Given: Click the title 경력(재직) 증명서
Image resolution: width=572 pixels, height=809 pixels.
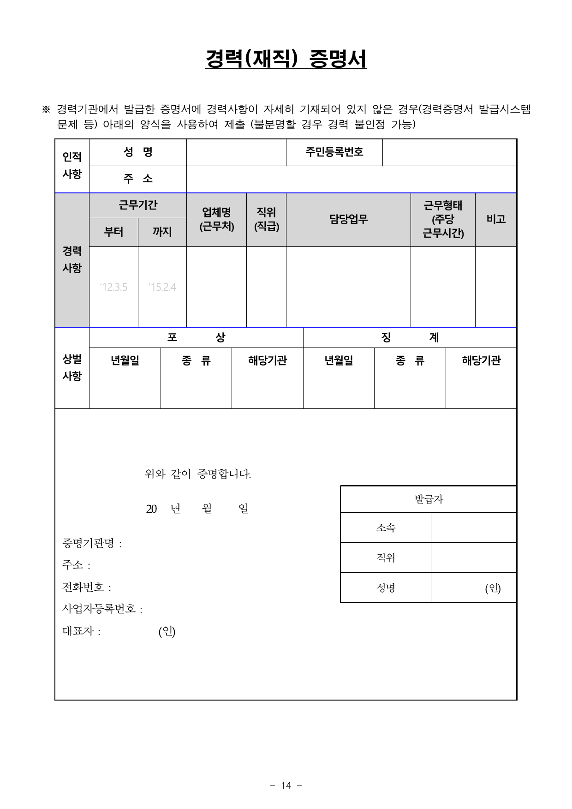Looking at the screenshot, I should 286,59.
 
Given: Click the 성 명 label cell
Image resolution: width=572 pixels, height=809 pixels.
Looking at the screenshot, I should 138,152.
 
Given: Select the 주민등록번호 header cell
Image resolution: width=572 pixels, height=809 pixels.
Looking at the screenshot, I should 334,152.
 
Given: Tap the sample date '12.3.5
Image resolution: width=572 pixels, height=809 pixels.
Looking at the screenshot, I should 113,287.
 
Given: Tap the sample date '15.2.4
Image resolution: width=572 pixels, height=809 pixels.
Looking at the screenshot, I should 162,287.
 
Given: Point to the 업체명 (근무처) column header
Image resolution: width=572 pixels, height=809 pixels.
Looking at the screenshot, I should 216,219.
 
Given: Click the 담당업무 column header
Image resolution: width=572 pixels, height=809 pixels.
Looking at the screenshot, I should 348,219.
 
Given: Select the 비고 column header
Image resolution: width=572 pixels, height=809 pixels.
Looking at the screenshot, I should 496,219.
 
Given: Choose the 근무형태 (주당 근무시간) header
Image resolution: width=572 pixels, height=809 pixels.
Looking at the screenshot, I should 443,219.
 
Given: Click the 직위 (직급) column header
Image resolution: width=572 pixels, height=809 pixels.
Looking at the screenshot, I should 266,219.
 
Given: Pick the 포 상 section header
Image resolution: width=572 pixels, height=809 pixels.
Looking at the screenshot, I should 196,337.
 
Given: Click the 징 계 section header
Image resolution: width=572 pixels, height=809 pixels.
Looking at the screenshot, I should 410,337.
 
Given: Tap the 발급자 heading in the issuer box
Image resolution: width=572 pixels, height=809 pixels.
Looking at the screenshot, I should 429,499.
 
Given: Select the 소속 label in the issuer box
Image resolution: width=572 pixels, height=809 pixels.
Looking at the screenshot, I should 386,527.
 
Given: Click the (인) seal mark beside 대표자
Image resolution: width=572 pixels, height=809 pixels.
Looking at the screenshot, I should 167,631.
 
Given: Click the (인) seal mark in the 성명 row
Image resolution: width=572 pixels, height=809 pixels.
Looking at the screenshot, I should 493,588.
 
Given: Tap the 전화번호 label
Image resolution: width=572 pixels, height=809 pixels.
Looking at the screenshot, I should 84,587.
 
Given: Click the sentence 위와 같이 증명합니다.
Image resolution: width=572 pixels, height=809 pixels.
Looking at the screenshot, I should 198,474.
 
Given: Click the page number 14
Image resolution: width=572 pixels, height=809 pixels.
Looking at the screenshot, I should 286,785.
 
